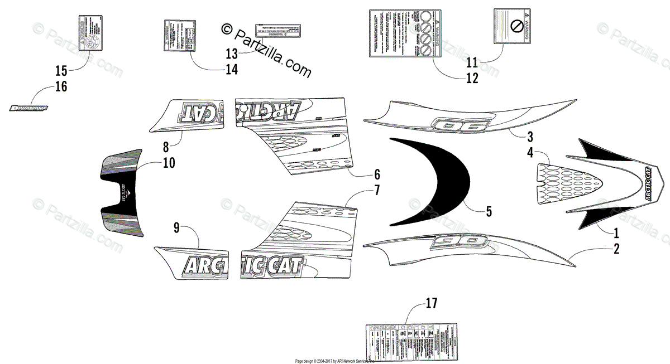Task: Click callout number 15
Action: [61, 70]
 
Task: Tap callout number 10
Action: [169, 163]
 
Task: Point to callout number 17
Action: [430, 303]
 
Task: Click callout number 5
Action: [488, 211]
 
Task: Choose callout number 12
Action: [472, 78]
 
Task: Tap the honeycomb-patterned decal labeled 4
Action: [567, 181]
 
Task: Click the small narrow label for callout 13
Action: [274, 30]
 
